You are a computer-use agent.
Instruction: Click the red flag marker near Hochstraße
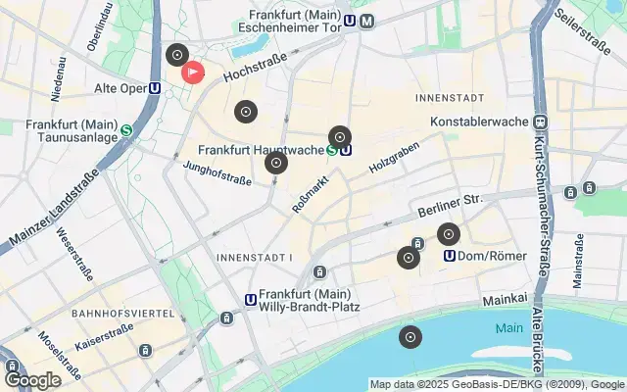193,72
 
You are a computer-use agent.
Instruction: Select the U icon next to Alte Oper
155,87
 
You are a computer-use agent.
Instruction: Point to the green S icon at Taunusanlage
126,129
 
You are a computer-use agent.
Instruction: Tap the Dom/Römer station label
494,256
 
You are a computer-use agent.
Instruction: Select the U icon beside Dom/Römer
450,256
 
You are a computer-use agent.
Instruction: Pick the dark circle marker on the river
410,338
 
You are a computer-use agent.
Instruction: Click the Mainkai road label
506,300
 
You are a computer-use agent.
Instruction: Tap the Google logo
32,379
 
